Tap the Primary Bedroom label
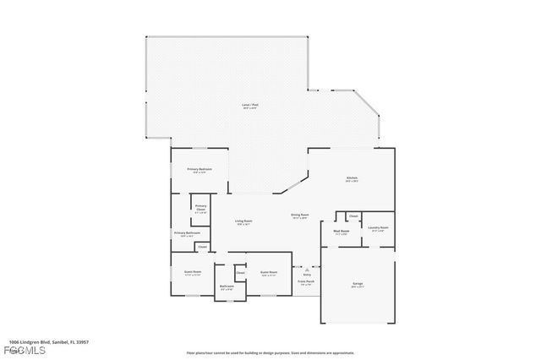point(199,170)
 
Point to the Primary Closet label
point(200,208)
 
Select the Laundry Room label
point(378,228)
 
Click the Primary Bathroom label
point(187,234)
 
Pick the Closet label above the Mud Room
point(353,215)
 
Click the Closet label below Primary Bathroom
point(203,247)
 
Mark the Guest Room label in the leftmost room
point(193,273)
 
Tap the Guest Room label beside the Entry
point(269,273)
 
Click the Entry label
point(306,273)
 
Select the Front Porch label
point(306,283)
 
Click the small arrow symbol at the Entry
point(306,265)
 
